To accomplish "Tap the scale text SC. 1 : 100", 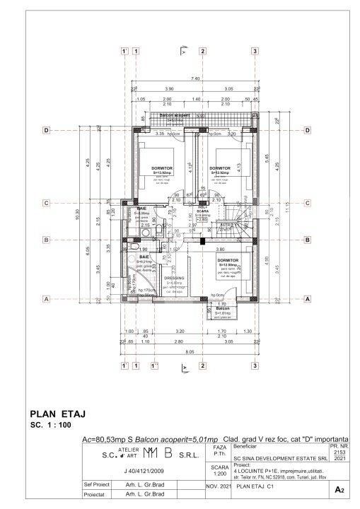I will point(53,427).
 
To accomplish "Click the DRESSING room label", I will point(174,279).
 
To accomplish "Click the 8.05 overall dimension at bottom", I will point(189,351).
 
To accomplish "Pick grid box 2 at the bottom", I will point(203,366).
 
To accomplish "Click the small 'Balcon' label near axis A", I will point(223,310).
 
